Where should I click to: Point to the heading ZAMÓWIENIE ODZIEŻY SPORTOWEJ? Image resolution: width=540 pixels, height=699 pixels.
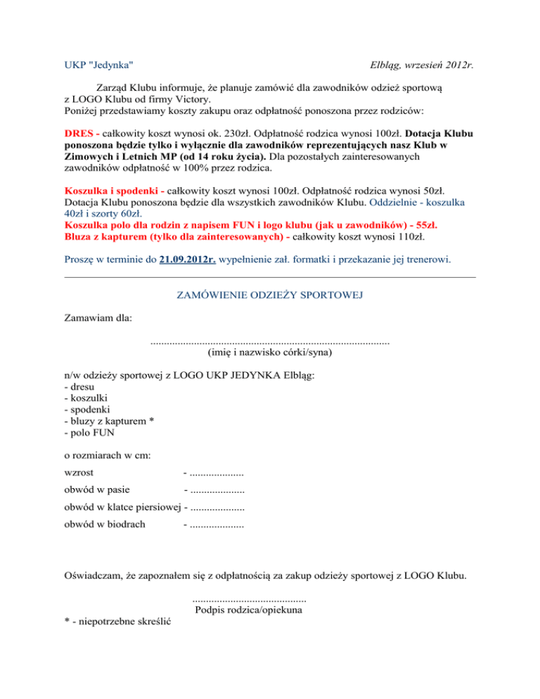(x=269, y=295)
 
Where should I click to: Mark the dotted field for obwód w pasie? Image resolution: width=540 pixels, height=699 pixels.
(x=217, y=489)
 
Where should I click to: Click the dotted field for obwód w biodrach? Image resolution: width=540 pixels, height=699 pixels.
(x=217, y=523)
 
